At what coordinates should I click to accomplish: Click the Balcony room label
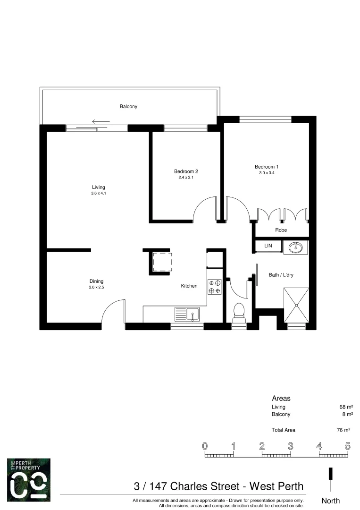tap(128, 107)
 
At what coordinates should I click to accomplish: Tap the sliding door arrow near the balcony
tap(100, 122)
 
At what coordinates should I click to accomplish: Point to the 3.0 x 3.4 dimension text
tap(267, 173)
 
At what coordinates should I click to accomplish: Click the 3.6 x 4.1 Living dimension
tap(99, 193)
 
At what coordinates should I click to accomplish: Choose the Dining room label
tap(96, 281)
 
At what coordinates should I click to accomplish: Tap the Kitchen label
tap(189, 286)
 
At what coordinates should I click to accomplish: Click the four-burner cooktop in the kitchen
tap(215, 287)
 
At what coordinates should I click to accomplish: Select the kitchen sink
tap(187, 314)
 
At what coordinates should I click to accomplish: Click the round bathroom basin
tap(295, 247)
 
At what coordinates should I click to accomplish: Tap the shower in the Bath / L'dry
tap(296, 305)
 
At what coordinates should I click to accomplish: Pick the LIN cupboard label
tap(268, 246)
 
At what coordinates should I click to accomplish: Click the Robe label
tap(281, 230)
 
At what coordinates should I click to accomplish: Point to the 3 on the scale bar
tap(290, 446)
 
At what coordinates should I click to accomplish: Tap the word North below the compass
tap(330, 501)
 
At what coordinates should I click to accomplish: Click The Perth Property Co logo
tap(29, 479)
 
